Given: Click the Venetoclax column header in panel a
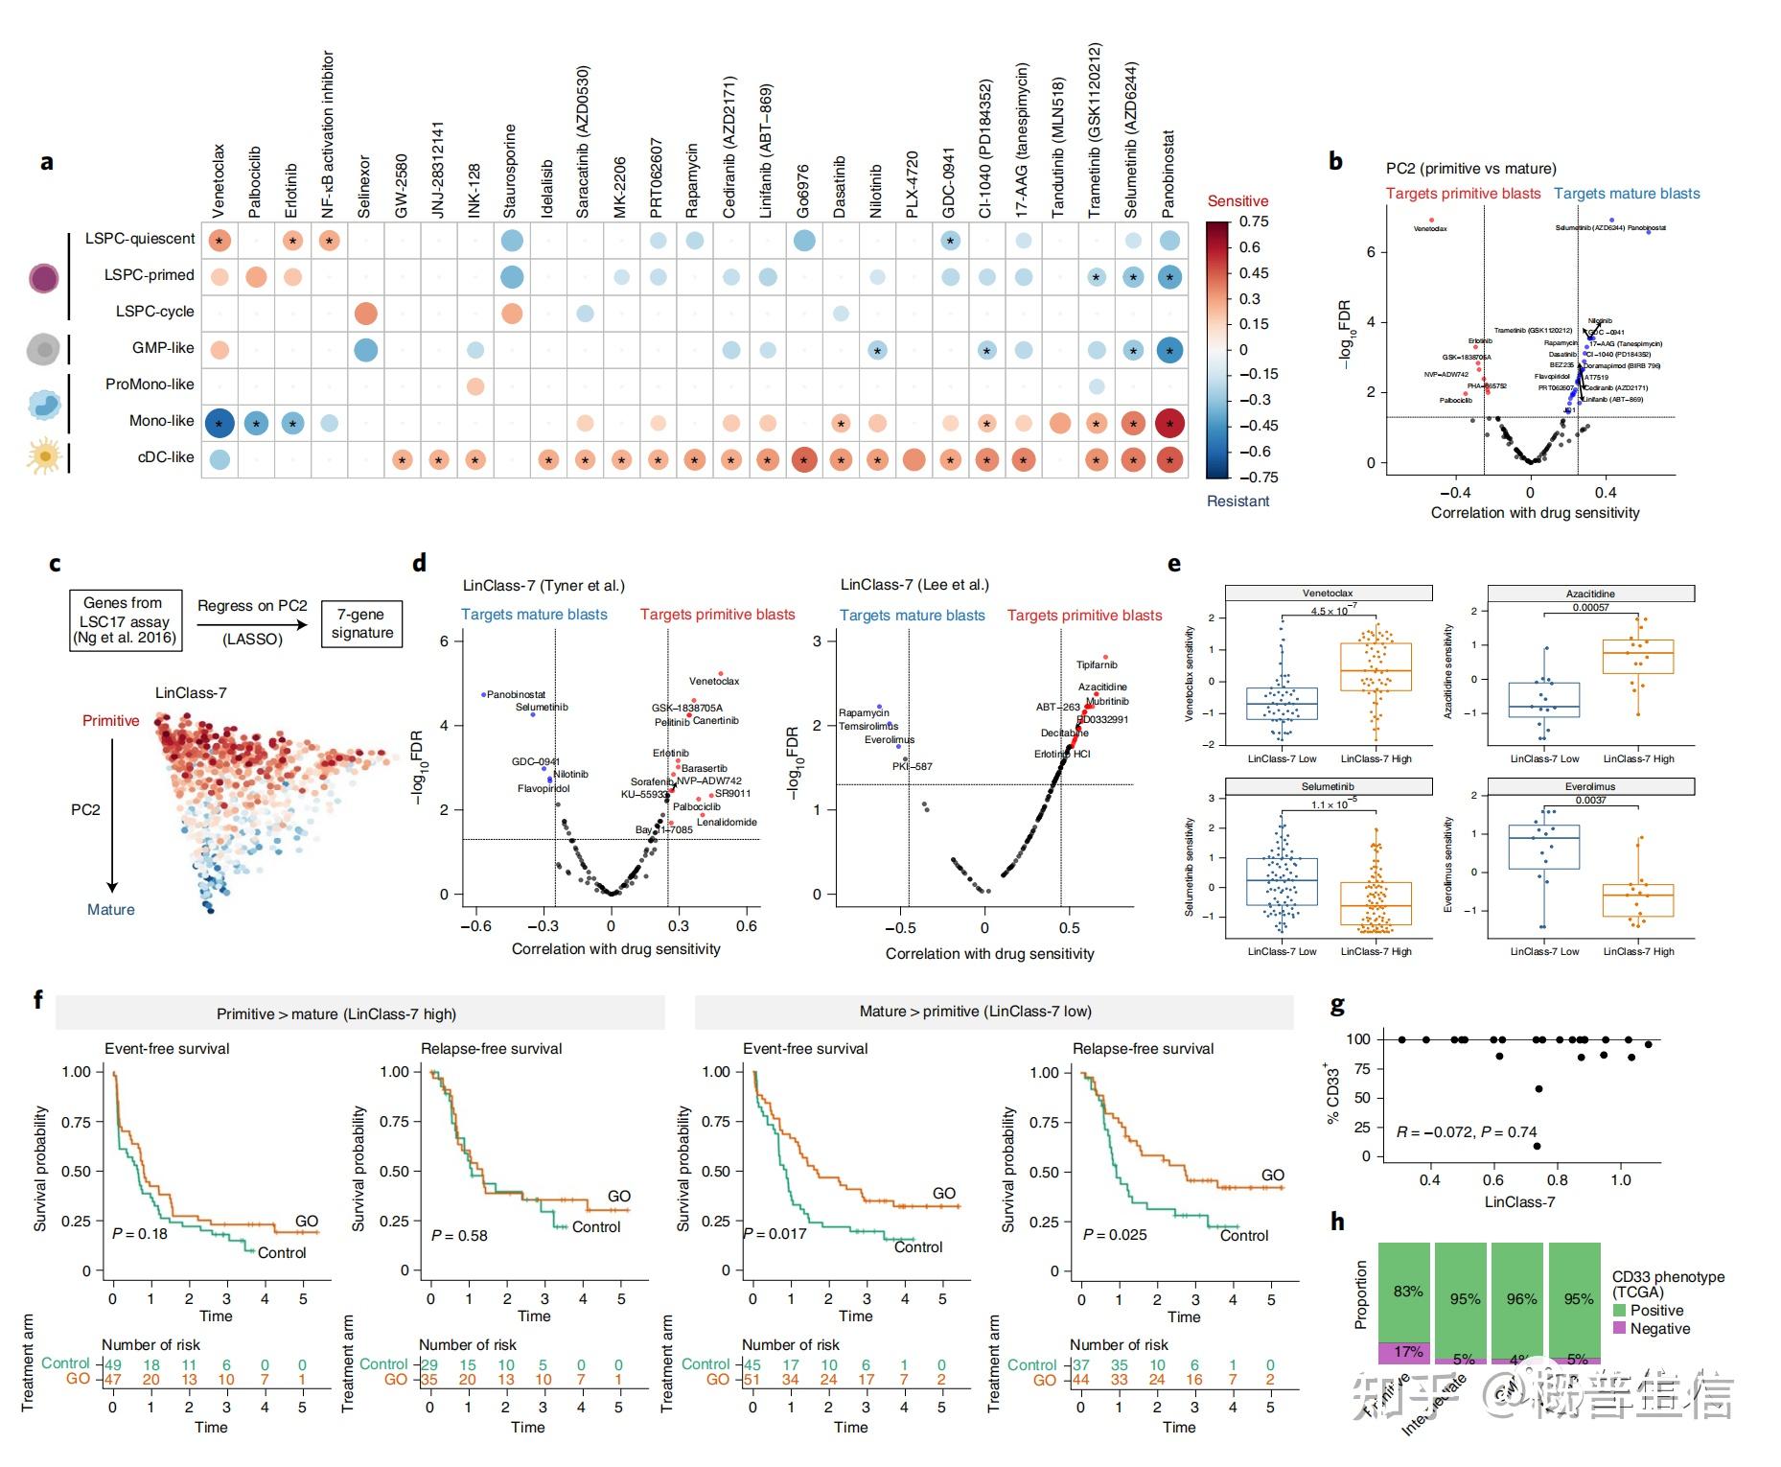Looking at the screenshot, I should pyautogui.click(x=219, y=180).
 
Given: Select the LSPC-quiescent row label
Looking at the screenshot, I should pyautogui.click(x=140, y=239).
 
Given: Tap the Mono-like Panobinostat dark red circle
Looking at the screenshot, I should pyautogui.click(x=1169, y=423).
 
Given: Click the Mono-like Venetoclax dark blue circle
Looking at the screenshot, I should pyautogui.click(x=220, y=423).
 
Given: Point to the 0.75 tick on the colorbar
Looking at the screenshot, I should pyautogui.click(x=1254, y=221).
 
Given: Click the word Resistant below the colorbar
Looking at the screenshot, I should pyautogui.click(x=1237, y=501).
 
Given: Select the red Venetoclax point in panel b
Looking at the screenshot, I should pyautogui.click(x=1431, y=221).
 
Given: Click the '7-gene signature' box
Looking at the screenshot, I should pyautogui.click(x=362, y=623).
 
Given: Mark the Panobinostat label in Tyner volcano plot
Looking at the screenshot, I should pyautogui.click(x=517, y=694).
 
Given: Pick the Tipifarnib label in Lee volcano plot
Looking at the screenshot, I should pyautogui.click(x=1097, y=664).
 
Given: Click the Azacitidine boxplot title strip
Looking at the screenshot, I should pyautogui.click(x=1590, y=594).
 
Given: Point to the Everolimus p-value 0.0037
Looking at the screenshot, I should pyautogui.click(x=1590, y=800).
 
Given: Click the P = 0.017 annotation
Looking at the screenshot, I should pyautogui.click(x=776, y=1234).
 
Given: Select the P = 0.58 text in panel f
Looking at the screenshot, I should pyautogui.click(x=459, y=1236).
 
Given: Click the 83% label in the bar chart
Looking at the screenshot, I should pyautogui.click(x=1407, y=1292).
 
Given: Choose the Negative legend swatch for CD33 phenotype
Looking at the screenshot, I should pyautogui.click(x=1620, y=1329).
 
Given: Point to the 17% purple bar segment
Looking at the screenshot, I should pyautogui.click(x=1404, y=1352).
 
